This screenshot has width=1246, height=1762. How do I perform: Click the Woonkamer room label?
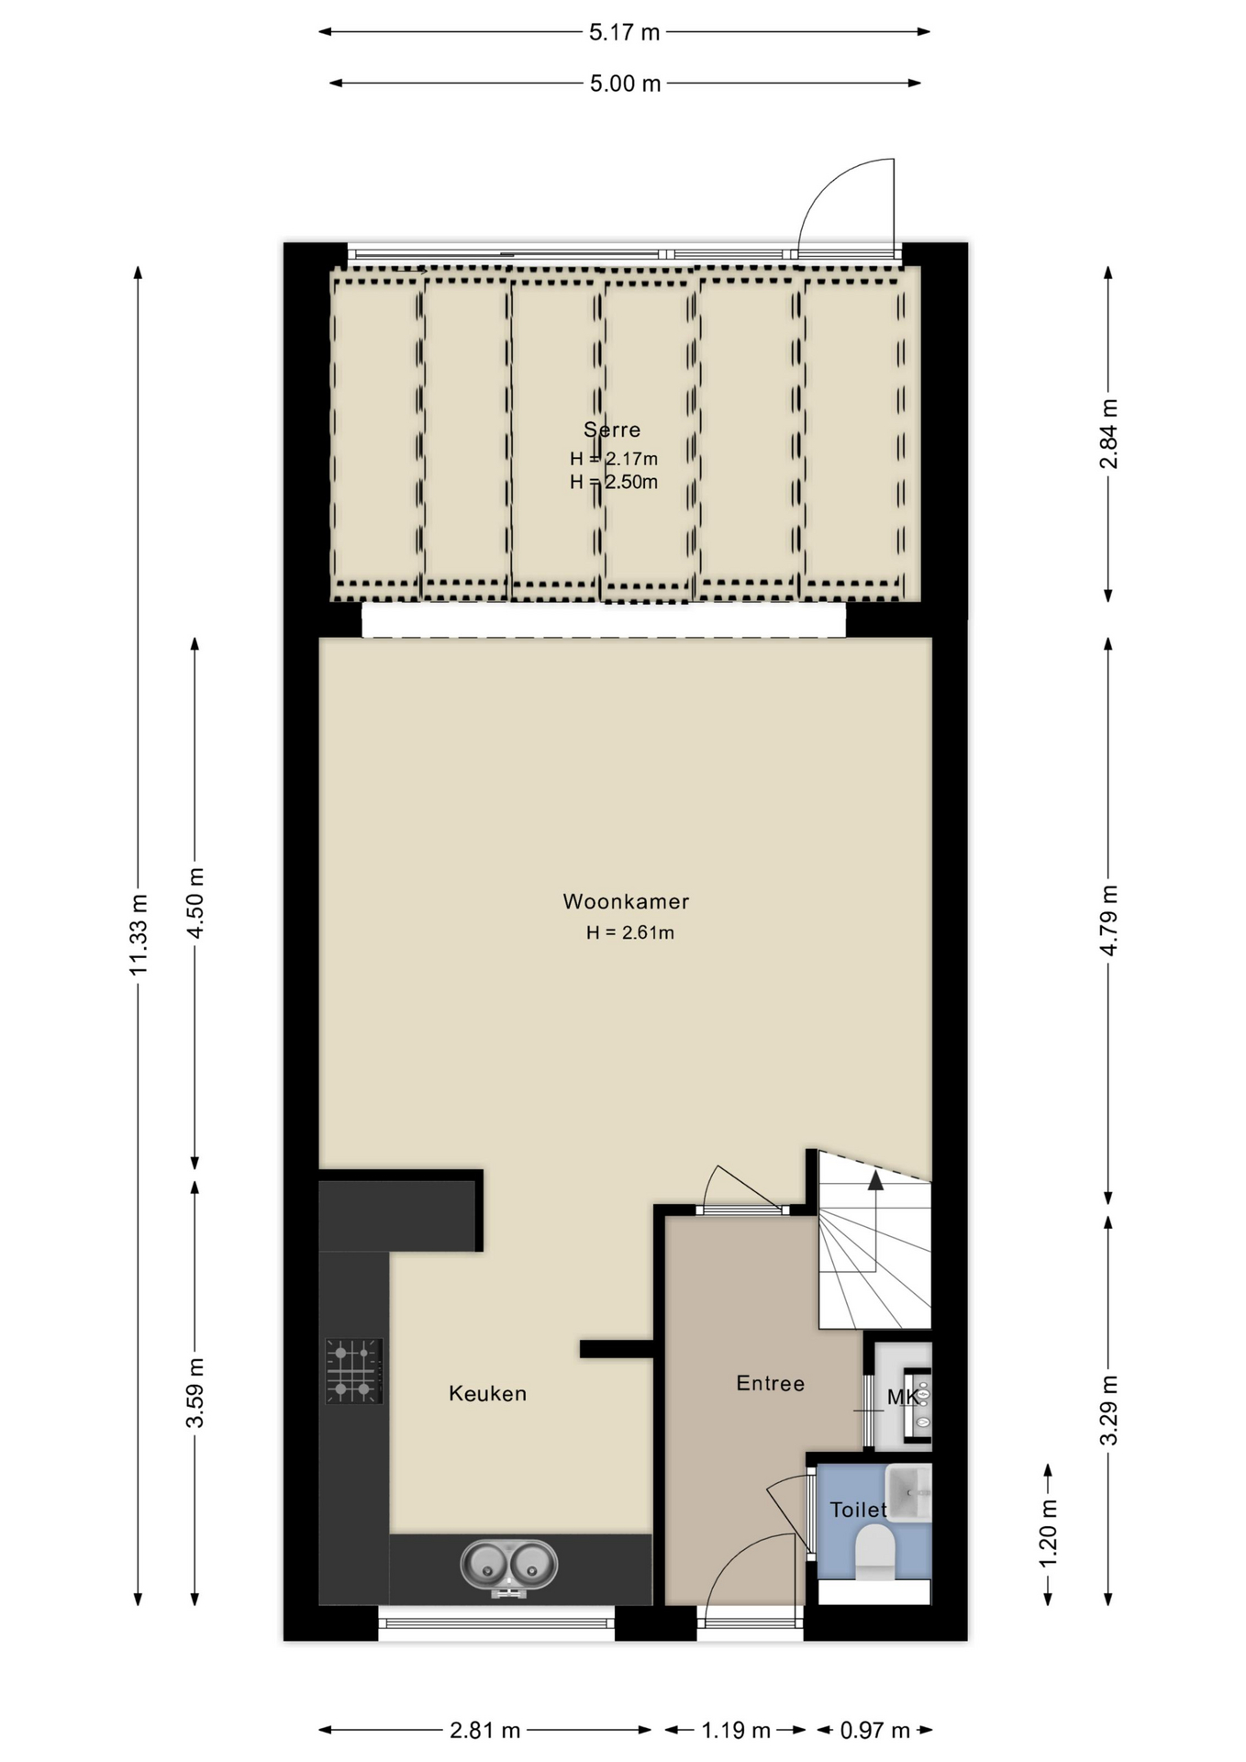(x=626, y=901)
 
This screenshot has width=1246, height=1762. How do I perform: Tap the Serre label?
(x=612, y=429)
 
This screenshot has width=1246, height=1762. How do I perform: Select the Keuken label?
(x=487, y=1393)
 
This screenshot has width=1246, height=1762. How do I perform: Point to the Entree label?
(x=770, y=1383)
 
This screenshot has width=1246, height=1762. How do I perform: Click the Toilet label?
(x=858, y=1510)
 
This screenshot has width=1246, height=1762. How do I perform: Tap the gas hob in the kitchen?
(x=353, y=1371)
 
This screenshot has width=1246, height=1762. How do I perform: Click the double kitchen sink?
(x=508, y=1567)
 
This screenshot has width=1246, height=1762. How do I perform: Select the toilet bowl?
(x=873, y=1553)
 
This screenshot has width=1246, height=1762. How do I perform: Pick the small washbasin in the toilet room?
(x=908, y=1493)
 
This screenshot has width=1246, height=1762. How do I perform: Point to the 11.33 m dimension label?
(x=138, y=934)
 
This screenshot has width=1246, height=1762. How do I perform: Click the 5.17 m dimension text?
(x=624, y=32)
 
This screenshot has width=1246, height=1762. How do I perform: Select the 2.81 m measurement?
(x=484, y=1730)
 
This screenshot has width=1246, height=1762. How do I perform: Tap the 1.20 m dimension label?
(x=1048, y=1533)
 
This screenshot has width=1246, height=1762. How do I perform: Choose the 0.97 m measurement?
(x=875, y=1730)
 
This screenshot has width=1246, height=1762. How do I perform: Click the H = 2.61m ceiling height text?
(x=630, y=932)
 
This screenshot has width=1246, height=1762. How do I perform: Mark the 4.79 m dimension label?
(x=1108, y=920)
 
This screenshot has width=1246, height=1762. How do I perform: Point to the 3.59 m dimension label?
(x=195, y=1392)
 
